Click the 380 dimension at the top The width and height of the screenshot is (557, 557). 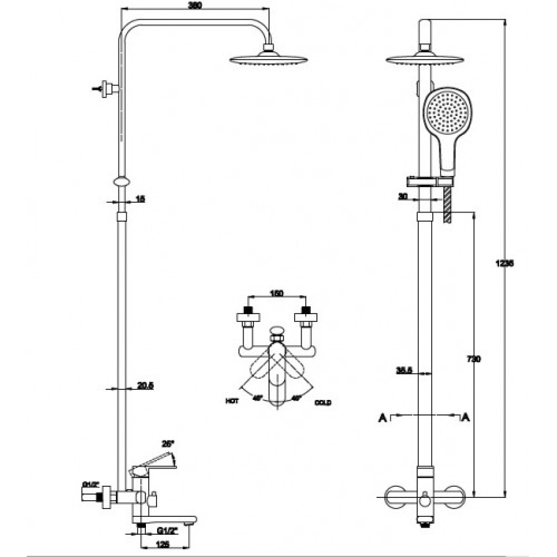[194, 6]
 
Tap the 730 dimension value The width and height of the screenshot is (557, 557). [473, 359]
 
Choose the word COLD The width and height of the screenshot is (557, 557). [323, 403]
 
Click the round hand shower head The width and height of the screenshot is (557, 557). [447, 114]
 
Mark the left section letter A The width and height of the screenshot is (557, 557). [382, 417]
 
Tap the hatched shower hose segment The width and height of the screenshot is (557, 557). [447, 203]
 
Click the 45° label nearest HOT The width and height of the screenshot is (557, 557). [257, 398]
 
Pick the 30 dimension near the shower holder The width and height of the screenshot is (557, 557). [404, 196]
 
